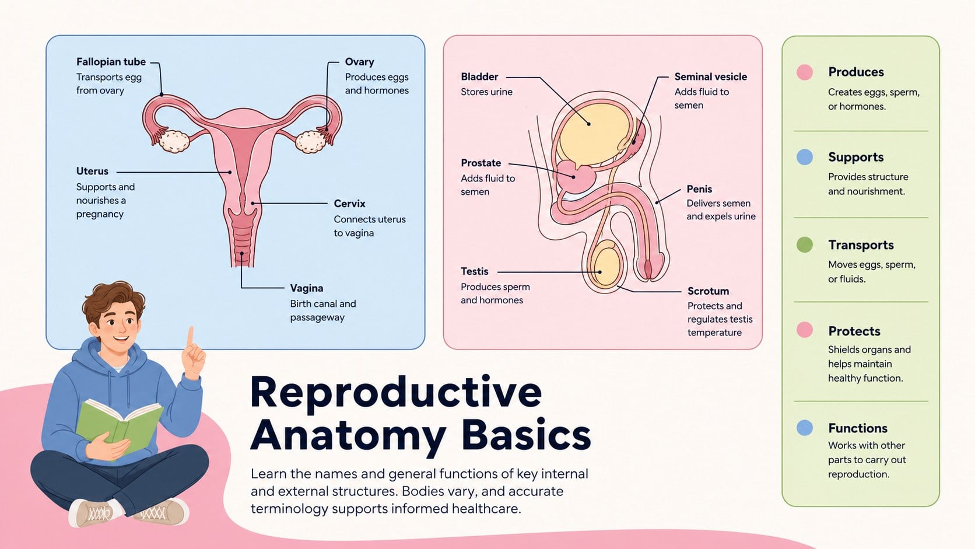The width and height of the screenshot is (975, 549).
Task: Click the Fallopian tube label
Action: (111, 62)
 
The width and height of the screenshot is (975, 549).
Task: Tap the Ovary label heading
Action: (360, 62)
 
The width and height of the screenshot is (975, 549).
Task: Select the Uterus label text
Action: (92, 171)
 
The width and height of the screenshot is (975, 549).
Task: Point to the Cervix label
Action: (349, 203)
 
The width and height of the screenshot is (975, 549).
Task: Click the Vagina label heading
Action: (307, 288)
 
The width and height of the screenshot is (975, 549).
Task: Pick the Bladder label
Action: (479, 76)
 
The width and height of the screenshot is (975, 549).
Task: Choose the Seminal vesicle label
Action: (710, 76)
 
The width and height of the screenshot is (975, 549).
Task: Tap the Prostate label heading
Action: (481, 163)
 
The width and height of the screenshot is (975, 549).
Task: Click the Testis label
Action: (475, 271)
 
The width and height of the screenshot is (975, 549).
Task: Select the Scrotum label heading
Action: (708, 291)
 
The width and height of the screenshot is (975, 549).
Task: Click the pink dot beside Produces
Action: (805, 72)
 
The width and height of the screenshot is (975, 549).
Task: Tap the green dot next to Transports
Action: (805, 244)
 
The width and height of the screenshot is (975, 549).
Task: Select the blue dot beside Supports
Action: (805, 157)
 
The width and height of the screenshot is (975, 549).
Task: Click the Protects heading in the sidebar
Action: (854, 331)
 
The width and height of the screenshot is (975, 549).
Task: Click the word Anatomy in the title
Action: (348, 436)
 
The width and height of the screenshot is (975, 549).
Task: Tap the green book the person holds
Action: (118, 426)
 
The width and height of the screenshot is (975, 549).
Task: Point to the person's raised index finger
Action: (190, 337)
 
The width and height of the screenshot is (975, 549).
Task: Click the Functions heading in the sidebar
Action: (857, 428)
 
